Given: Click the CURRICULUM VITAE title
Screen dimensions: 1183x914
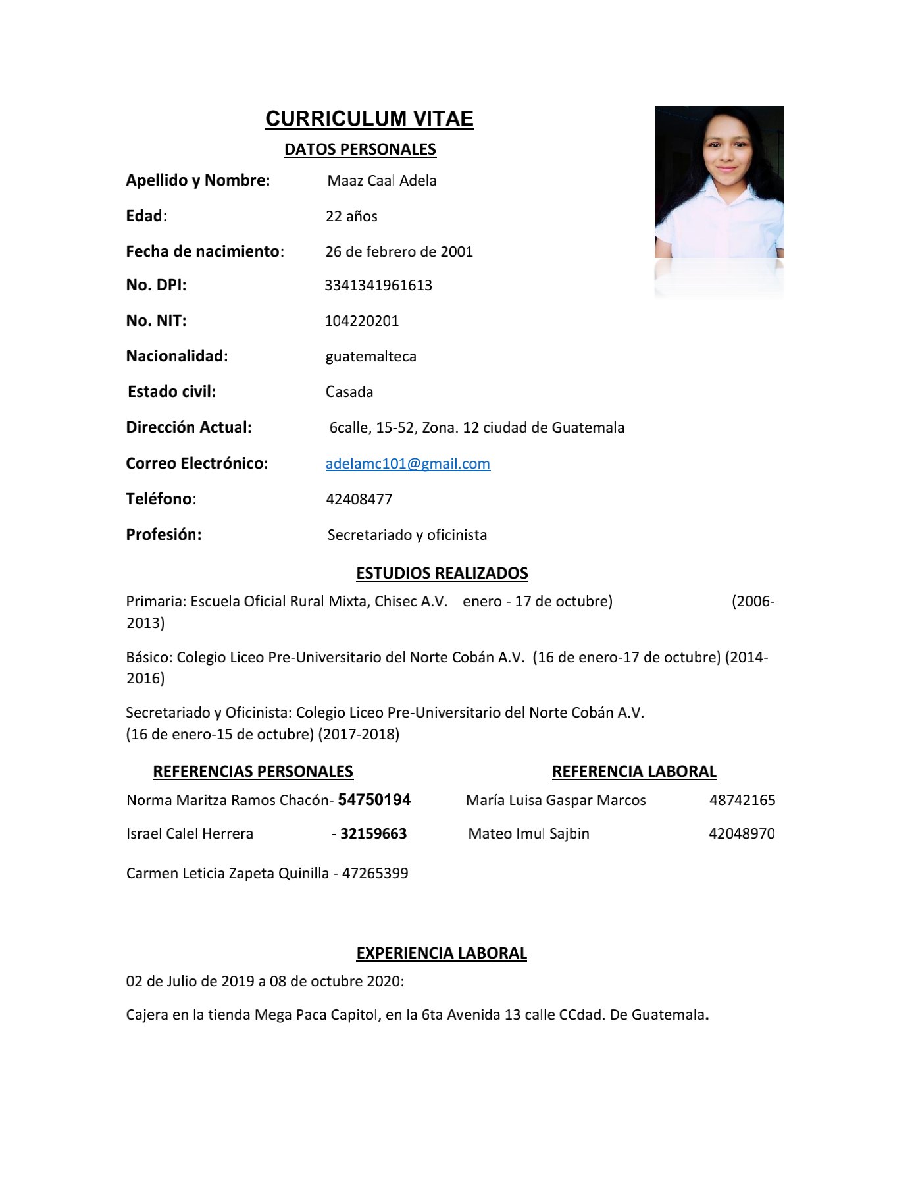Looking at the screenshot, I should [369, 118].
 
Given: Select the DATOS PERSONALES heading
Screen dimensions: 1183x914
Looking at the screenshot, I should [360, 149].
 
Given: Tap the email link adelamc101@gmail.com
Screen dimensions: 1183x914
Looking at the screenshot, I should [407, 463].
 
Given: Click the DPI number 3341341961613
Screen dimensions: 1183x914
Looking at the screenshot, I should [378, 285].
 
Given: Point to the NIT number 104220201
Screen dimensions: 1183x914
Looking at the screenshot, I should [362, 321].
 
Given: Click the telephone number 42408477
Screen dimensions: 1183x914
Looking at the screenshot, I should [359, 499].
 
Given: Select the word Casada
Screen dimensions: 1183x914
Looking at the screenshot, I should [349, 392].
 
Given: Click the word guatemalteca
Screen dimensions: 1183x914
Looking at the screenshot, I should [370, 356].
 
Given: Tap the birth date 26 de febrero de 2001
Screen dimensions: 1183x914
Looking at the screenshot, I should [399, 251].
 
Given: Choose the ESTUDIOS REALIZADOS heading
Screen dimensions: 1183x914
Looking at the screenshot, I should [442, 573].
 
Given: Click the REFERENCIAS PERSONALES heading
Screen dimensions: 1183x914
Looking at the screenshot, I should [253, 771].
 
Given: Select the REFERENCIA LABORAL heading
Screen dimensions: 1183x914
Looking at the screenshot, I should [634, 771].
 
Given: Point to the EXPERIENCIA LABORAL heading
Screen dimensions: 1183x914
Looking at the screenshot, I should [442, 953].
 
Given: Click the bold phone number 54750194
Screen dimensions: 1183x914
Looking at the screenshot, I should [374, 800].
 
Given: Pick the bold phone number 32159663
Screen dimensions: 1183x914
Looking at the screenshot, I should [373, 833].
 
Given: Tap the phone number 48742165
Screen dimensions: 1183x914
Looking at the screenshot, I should [742, 800].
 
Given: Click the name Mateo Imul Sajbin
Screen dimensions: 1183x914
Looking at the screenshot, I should [528, 833].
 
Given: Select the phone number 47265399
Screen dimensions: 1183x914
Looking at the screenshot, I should [375, 873].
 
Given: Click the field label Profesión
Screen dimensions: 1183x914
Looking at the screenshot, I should [164, 535].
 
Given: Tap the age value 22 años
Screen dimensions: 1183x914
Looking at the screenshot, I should [351, 216].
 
